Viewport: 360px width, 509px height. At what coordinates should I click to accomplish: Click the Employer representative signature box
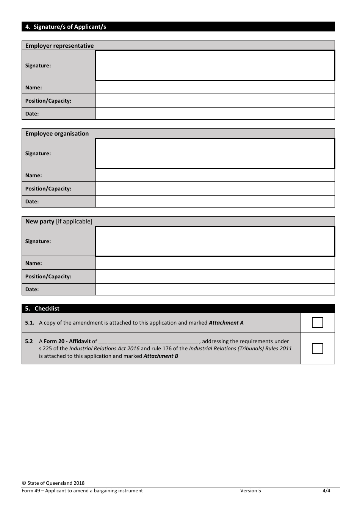click(215, 66)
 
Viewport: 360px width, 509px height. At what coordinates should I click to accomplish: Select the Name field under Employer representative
click(215, 87)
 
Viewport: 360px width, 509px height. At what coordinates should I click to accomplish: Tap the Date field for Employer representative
click(215, 114)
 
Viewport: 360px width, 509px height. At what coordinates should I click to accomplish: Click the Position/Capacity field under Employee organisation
click(215, 189)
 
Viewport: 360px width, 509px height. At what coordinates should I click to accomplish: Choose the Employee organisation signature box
click(215, 153)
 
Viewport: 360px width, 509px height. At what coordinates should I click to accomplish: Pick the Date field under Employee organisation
click(215, 201)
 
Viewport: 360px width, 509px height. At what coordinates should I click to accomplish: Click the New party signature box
click(215, 241)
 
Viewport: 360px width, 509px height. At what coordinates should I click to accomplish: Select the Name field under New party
click(215, 263)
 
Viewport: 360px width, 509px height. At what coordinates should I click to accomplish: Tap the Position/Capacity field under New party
click(215, 276)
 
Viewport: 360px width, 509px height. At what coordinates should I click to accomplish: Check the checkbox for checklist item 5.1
click(318, 323)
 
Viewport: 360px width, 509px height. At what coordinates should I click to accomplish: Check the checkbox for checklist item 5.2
click(318, 348)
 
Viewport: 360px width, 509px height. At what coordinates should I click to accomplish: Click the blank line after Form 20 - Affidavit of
click(148, 342)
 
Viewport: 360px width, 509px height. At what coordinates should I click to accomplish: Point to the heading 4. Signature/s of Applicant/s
click(66, 27)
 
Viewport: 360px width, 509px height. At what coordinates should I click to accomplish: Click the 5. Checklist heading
click(42, 309)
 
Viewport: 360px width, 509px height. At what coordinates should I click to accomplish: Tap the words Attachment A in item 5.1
click(226, 323)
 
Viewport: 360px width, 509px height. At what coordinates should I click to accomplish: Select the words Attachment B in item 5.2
click(161, 356)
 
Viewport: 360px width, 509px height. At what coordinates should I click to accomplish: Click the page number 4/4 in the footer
click(326, 491)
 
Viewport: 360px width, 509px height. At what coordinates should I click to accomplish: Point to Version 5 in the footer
click(250, 491)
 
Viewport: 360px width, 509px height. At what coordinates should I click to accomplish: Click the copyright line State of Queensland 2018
click(53, 483)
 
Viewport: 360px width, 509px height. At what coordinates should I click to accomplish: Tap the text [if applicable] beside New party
click(74, 222)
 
